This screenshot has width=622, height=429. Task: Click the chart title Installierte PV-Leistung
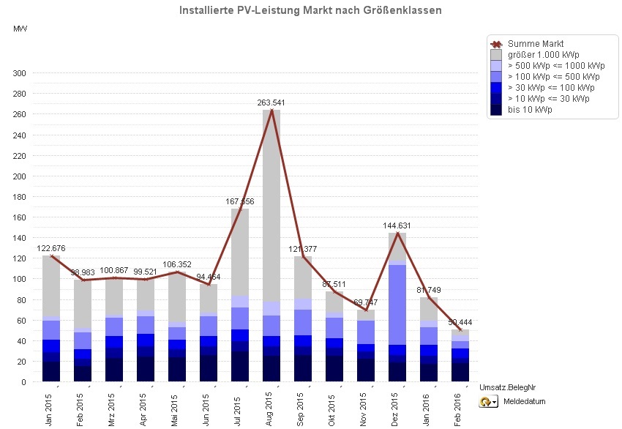pyautogui.click(x=310, y=11)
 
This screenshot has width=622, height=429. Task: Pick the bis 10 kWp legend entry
pyautogui.click(x=530, y=110)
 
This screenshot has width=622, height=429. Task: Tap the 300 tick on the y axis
pyautogui.click(x=19, y=73)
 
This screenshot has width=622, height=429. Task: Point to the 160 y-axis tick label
pyautogui.click(x=19, y=217)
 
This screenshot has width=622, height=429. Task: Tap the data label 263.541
pyautogui.click(x=271, y=102)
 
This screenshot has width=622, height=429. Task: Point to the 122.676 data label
pyautogui.click(x=50, y=248)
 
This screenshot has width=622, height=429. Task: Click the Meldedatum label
pyautogui.click(x=525, y=402)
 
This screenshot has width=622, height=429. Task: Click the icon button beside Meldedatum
pyautogui.click(x=489, y=402)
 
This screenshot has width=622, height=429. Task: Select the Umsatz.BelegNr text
pyautogui.click(x=509, y=387)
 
